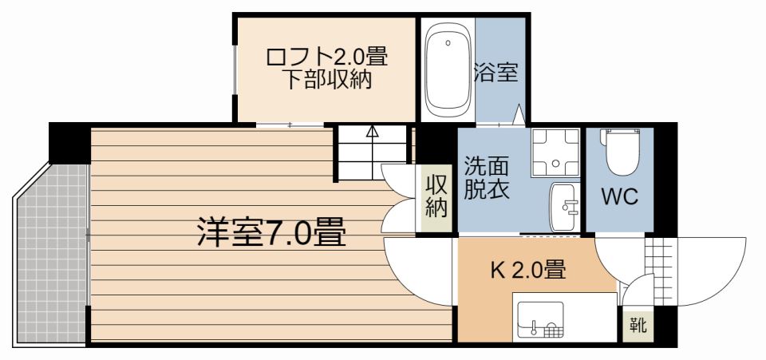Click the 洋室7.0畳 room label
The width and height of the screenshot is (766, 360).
(271, 233)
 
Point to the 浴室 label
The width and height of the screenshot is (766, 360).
(496, 73)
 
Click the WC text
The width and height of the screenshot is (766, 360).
(619, 198)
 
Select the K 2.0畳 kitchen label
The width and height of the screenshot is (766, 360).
(527, 271)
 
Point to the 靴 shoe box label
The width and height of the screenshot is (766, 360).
(638, 326)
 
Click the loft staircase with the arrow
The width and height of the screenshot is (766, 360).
(372, 152)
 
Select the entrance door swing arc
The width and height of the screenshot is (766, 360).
(710, 271)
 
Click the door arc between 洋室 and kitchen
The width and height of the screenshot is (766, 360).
(419, 271)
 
